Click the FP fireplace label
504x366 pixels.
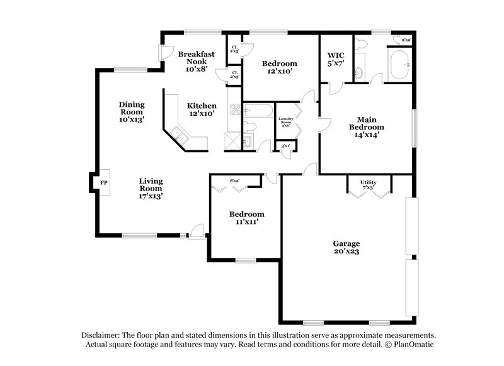pos(104,183)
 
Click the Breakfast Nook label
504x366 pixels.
pos(197,62)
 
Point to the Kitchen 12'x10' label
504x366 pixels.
pos(202,109)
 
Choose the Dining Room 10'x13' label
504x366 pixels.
pos(132,111)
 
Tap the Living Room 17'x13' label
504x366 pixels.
pos(151,187)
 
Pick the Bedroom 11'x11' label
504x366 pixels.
pos(246,218)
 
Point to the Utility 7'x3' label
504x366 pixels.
pos(369,185)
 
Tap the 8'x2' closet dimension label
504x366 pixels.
pos(236,181)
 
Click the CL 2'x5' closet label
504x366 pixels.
pos(234,49)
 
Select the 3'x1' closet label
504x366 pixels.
pos(286,146)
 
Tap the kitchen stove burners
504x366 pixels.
pos(235,111)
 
